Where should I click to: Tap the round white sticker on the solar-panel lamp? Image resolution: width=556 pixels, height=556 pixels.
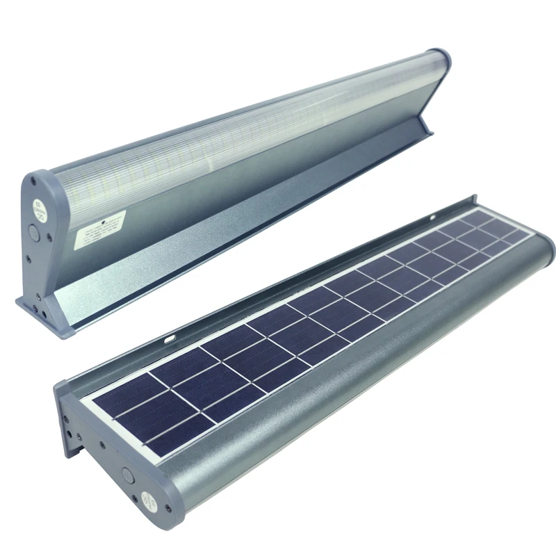click(148, 498)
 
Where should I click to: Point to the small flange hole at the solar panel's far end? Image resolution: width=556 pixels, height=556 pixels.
click(472, 206)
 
